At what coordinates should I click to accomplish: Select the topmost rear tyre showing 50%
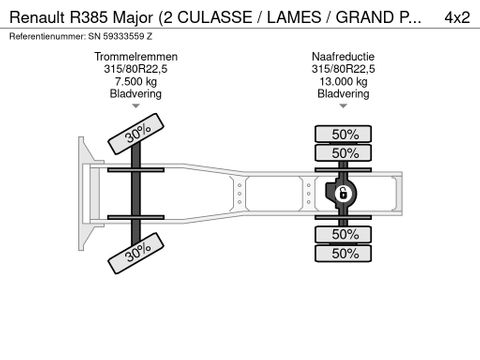[x=345, y=134]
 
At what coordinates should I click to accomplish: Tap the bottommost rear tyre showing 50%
[x=345, y=253]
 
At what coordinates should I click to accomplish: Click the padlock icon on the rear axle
[x=341, y=192]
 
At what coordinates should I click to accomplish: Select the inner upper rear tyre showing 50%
[x=345, y=153]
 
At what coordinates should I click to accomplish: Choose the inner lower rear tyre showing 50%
[x=345, y=234]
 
